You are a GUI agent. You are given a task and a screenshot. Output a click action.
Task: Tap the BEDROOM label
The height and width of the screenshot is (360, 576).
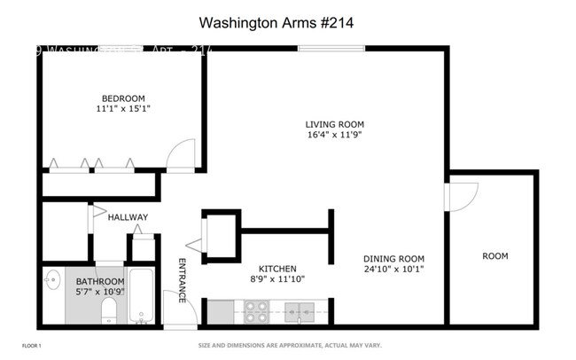point(122,98)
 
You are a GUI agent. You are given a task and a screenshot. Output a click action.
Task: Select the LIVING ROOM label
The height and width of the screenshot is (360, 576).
point(335,124)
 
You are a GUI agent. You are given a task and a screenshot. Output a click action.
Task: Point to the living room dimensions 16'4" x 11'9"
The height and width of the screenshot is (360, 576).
point(335,136)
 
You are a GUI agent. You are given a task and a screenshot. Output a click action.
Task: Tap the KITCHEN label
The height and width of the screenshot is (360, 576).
point(276,269)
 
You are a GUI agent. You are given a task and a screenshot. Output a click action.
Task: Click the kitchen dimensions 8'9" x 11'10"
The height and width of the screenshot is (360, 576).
point(276,280)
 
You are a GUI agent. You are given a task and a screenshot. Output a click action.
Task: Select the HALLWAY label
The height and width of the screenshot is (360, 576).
point(128,217)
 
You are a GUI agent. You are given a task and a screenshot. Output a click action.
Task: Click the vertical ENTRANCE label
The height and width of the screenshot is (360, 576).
point(183,280)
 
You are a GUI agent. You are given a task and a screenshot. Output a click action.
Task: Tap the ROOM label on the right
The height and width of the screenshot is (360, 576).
point(494,256)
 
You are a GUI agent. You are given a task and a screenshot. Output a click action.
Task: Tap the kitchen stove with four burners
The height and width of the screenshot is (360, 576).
point(256,311)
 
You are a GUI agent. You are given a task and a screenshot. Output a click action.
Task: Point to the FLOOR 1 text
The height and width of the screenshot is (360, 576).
point(31,345)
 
